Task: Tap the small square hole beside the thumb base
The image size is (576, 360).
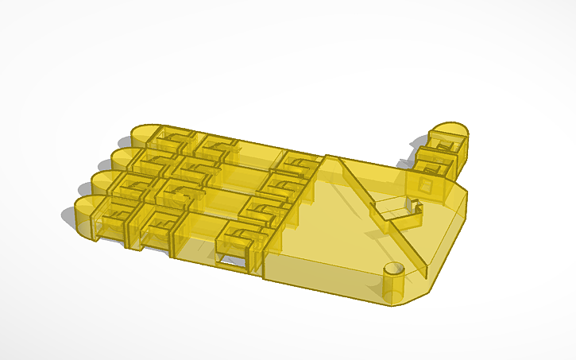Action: click(x=426, y=185)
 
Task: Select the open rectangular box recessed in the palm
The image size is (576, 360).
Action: click(x=392, y=211)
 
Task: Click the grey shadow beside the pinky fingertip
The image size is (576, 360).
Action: click(x=68, y=215)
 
